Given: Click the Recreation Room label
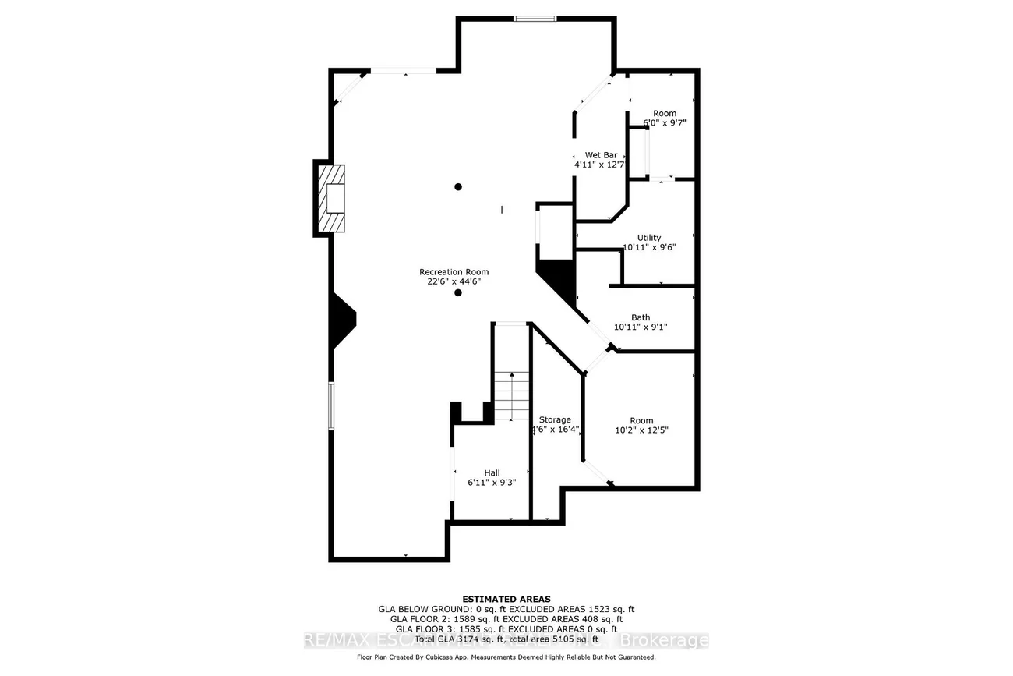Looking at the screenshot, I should [454, 272].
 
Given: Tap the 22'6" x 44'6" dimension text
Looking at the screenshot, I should [454, 282].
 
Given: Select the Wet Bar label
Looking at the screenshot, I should [601, 155].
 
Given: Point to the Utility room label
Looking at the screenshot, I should [649, 238].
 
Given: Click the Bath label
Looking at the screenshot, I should [641, 317].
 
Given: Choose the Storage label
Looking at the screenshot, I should [555, 419].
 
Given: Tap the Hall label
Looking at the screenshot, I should [492, 472].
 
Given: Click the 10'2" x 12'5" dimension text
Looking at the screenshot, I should [642, 430].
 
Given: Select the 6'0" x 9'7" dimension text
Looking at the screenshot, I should [665, 123].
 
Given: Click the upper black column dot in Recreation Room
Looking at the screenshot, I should [458, 187].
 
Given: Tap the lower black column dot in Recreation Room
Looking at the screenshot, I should [458, 293].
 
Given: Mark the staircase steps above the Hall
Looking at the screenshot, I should [511, 396].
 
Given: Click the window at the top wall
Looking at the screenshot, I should [535, 19].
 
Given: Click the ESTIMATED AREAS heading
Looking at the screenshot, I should [507, 599].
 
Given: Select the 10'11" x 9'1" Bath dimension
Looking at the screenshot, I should [641, 327].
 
